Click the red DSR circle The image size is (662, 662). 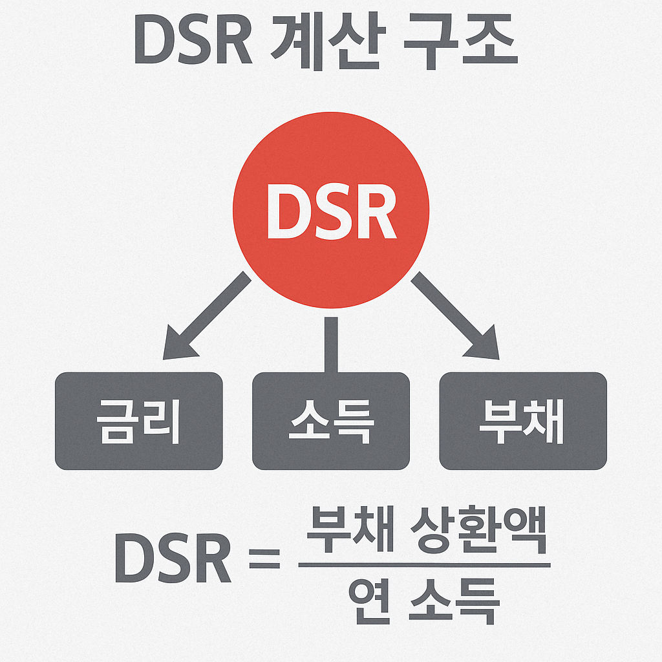pyautogui.click(x=330, y=162)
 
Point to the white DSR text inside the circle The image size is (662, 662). pyautogui.click(x=330, y=211)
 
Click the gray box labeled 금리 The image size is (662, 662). pyautogui.click(x=138, y=421)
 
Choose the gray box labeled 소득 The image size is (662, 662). pyautogui.click(x=330, y=421)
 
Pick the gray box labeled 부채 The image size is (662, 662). pyautogui.click(x=522, y=421)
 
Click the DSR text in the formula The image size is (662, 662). pyautogui.click(x=173, y=559)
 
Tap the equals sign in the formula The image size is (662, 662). pyautogui.click(x=264, y=558)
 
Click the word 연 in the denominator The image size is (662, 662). pyautogui.click(x=369, y=601)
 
